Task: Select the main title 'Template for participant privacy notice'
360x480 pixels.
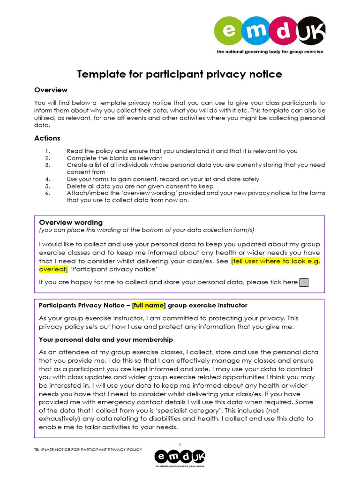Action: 180,74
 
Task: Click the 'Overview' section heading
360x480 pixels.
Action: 51,90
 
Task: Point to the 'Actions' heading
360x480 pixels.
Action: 47,138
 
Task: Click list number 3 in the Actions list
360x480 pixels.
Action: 47,165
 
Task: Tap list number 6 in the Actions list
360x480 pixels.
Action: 47,193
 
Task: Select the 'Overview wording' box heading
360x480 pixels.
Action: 71,223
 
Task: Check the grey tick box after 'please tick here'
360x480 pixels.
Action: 304,282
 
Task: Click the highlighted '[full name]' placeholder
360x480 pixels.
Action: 149,305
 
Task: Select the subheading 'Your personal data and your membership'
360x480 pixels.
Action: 105,339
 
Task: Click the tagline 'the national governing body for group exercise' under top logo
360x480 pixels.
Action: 269,52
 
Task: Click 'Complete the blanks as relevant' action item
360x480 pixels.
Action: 114,158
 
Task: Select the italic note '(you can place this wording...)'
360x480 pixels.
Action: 146,230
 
